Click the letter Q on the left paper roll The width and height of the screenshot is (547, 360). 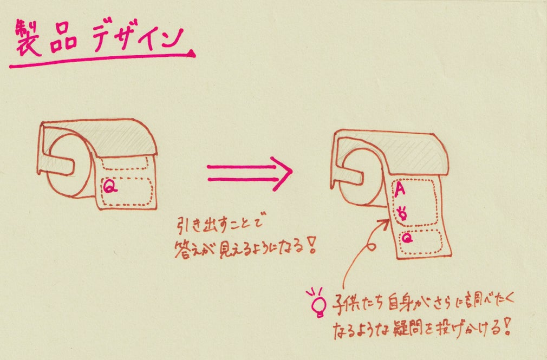110,187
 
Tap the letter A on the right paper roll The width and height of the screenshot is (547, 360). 400,189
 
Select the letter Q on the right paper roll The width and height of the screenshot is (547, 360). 407,237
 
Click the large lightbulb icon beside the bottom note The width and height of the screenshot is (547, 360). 316,302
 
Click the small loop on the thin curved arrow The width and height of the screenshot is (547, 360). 372,245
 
